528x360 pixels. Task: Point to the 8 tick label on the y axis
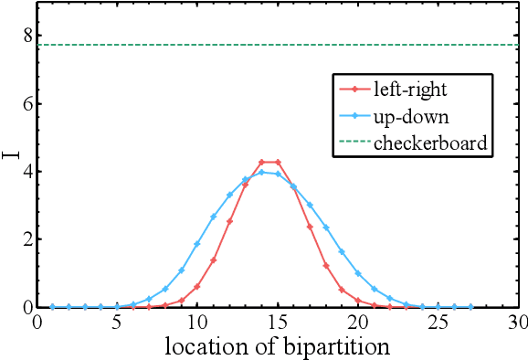pyautogui.click(x=27, y=36)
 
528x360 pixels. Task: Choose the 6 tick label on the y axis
pyautogui.click(x=27, y=104)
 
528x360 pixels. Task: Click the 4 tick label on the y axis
pyautogui.click(x=27, y=172)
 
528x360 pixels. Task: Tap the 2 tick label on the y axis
pyautogui.click(x=27, y=239)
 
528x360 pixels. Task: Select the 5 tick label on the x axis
pyautogui.click(x=117, y=322)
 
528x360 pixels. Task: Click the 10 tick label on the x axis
pyautogui.click(x=197, y=322)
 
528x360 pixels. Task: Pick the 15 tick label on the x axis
pyautogui.click(x=278, y=322)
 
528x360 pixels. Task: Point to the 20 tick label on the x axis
pyautogui.click(x=358, y=322)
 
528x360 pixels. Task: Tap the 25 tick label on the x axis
pyautogui.click(x=438, y=322)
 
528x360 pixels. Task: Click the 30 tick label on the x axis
pyautogui.click(x=517, y=322)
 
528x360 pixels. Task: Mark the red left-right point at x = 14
pyautogui.click(x=261, y=163)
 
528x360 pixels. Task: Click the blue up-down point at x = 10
pyautogui.click(x=197, y=244)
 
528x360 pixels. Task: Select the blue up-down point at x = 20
pyautogui.click(x=358, y=273)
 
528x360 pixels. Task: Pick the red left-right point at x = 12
pyautogui.click(x=229, y=221)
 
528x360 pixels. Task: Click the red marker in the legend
pyautogui.click(x=353, y=90)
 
